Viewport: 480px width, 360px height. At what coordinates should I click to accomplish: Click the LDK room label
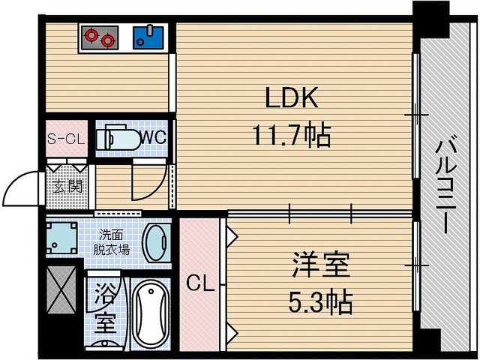(x=292, y=97)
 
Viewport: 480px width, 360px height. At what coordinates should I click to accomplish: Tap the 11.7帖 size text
(x=292, y=135)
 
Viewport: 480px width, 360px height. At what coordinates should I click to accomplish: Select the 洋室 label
(x=320, y=265)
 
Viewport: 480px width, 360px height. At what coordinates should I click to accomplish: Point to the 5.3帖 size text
(x=320, y=302)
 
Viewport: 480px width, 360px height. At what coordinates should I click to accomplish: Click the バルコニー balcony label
(x=445, y=187)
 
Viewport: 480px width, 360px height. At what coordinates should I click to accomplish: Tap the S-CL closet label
(x=66, y=139)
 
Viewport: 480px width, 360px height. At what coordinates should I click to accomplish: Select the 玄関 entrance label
(x=67, y=187)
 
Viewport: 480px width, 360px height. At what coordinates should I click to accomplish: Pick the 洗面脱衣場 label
(x=111, y=242)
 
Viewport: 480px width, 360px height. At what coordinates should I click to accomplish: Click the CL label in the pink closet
(x=200, y=283)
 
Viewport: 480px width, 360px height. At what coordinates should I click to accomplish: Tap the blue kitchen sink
(x=148, y=37)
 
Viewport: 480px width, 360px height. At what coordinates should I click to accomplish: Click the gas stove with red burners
(x=100, y=37)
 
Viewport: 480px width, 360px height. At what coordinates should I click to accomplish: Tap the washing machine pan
(x=61, y=238)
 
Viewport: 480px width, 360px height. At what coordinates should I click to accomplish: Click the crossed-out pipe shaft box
(x=61, y=290)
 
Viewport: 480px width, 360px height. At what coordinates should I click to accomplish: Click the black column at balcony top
(x=431, y=19)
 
